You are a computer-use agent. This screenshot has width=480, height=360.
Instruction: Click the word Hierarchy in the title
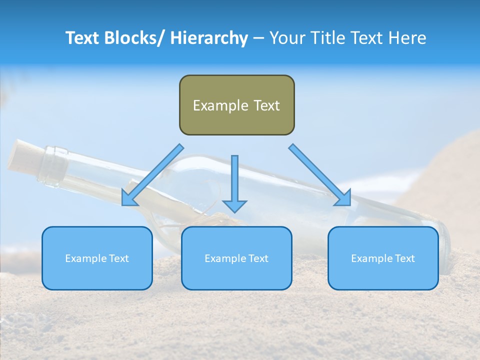pos(209,38)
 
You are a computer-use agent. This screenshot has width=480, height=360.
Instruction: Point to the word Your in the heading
pos(286,38)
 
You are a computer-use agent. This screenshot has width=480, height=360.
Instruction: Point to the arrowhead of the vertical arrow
pos(234,205)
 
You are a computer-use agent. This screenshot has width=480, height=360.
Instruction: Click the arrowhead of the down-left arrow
pos(129,198)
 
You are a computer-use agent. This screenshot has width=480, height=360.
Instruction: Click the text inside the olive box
pos(236,105)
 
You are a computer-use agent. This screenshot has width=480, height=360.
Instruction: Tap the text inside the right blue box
pos(383,258)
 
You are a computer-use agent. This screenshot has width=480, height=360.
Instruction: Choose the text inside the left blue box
pos(97,258)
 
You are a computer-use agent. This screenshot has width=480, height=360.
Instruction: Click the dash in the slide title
pos(258,38)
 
